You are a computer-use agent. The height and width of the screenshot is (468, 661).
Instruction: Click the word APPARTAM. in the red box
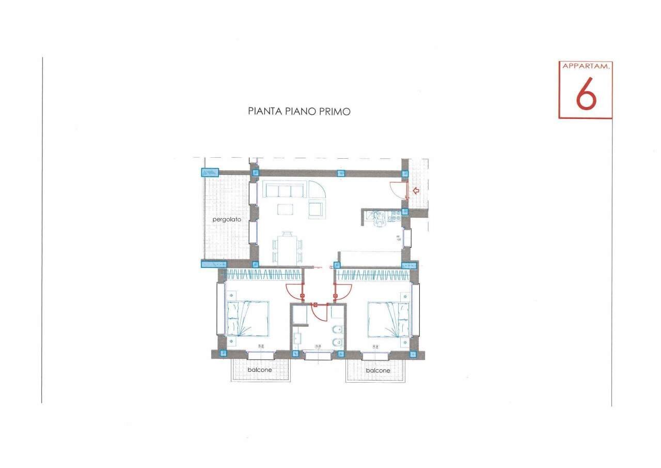point(586,67)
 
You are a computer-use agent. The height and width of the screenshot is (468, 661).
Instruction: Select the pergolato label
point(227,219)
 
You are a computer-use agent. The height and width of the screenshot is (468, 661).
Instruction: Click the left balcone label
point(259,370)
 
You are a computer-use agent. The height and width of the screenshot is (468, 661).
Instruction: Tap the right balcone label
point(377,370)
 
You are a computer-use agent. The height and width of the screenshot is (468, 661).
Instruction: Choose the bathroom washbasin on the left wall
point(297,339)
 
